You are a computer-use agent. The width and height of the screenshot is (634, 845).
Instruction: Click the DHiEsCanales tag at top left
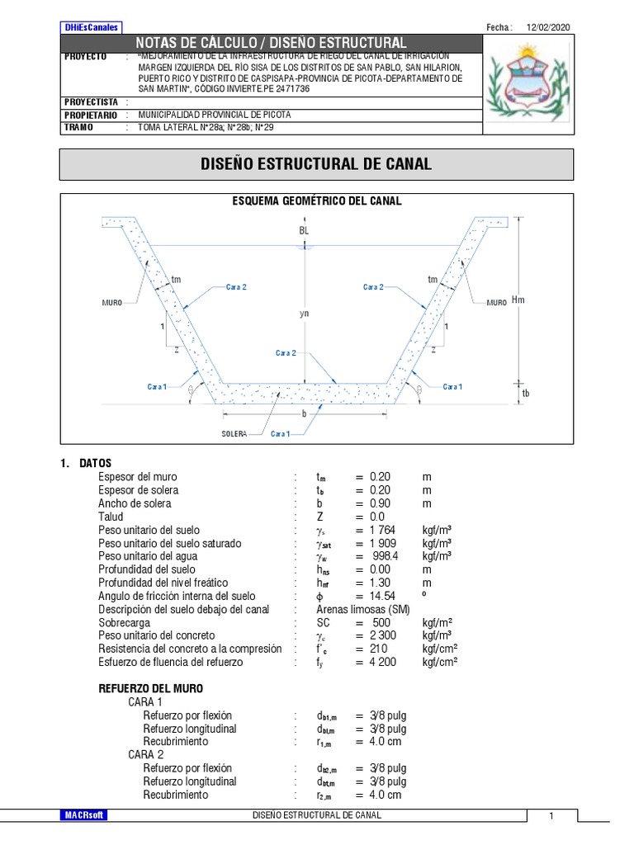(x=91, y=27)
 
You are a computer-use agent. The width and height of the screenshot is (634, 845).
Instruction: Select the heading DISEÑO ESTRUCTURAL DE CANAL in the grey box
(x=316, y=164)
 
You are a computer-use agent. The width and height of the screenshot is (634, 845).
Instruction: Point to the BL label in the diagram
(x=304, y=231)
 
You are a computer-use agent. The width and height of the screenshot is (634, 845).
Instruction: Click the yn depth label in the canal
(x=304, y=314)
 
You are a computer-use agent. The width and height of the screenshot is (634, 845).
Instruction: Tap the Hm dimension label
(x=518, y=300)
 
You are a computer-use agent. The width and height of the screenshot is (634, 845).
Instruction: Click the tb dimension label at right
(x=526, y=394)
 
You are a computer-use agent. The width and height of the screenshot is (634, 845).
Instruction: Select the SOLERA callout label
(x=234, y=433)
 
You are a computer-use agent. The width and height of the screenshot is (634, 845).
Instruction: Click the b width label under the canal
(x=304, y=413)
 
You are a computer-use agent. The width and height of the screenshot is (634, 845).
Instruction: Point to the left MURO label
(x=111, y=303)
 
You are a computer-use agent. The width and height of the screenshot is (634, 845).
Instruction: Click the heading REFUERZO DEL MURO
(x=151, y=688)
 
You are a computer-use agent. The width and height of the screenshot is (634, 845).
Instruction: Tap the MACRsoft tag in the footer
(x=85, y=815)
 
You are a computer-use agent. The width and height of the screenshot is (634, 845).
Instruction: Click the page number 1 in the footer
(x=551, y=815)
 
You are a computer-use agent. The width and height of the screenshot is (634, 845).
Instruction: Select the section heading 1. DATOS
(x=86, y=463)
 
